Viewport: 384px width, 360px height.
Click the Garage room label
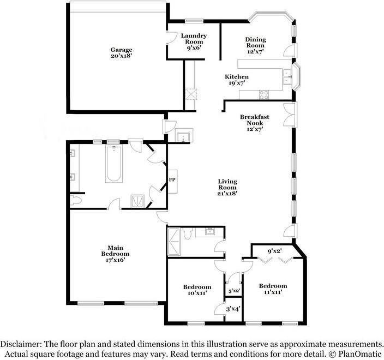point(121,53)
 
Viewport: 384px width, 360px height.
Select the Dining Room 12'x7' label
point(255,46)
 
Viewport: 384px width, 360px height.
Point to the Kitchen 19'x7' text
point(237,80)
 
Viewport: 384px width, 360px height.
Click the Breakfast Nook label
point(255,123)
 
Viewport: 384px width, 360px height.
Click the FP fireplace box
point(172,179)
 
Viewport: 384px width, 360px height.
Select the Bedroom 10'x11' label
point(197,291)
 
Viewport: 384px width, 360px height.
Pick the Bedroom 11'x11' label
point(273,289)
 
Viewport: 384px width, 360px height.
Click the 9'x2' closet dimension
point(274,251)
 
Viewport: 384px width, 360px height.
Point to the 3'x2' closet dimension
point(233,291)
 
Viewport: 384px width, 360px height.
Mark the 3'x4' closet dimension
point(233,310)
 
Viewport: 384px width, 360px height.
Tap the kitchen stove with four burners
point(264,93)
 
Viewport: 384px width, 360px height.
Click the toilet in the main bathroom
point(76,201)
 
